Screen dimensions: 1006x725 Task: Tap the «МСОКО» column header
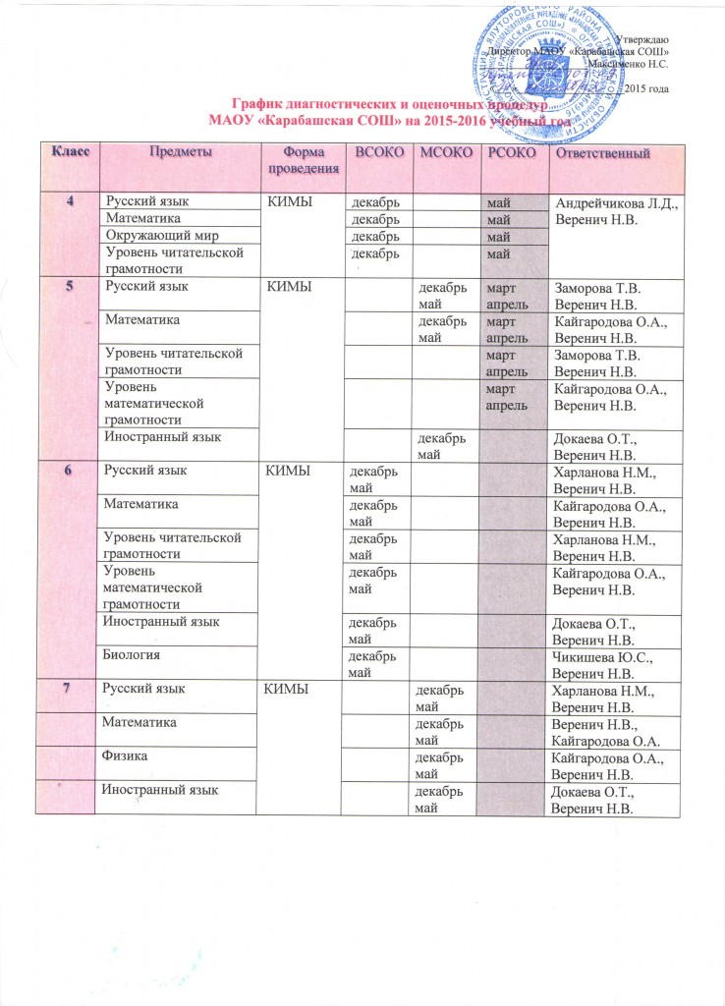coord(441,153)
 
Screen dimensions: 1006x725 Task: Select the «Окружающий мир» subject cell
coord(158,237)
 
